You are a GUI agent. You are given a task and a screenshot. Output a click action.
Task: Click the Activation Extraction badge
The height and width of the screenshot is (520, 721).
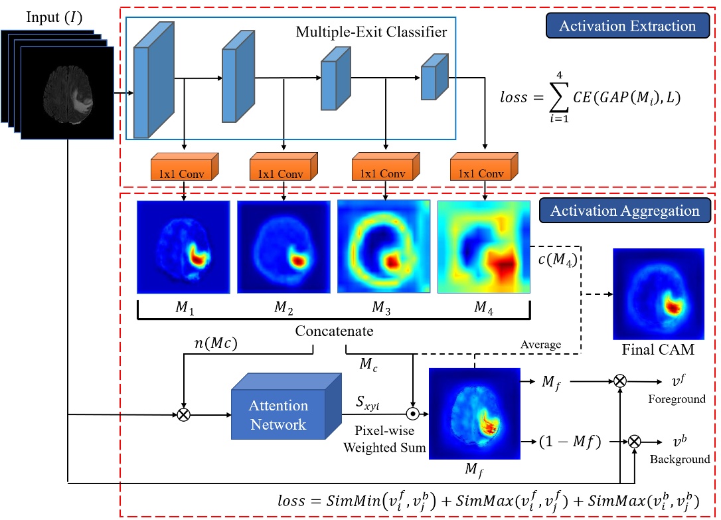click(627, 26)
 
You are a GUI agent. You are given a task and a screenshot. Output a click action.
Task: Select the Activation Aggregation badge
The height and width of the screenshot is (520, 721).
click(626, 211)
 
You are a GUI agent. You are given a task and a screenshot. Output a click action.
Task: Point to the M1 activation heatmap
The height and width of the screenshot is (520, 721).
click(183, 246)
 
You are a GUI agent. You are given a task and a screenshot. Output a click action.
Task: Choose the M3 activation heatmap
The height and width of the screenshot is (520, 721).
click(384, 246)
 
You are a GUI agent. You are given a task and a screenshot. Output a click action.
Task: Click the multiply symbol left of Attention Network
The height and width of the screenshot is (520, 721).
click(183, 415)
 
